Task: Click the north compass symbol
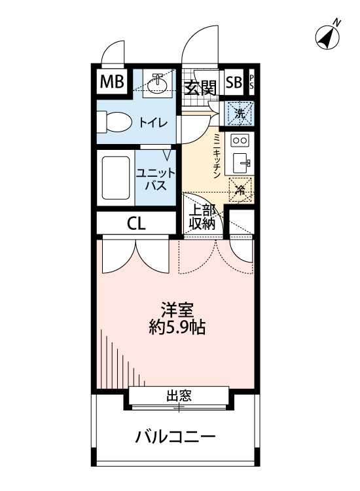tap(327, 37)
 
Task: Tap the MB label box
tap(111, 82)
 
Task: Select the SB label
tap(234, 82)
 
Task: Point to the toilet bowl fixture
tap(114, 122)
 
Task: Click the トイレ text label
tap(153, 122)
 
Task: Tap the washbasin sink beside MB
tap(157, 83)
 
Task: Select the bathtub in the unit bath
tap(115, 179)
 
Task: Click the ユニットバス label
tap(155, 179)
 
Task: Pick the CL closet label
tap(136, 223)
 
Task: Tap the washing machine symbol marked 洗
tap(240, 113)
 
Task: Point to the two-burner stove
tap(240, 140)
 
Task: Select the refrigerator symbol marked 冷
tap(240, 191)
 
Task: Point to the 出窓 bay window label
tap(178, 396)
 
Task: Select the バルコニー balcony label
tap(175, 437)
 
